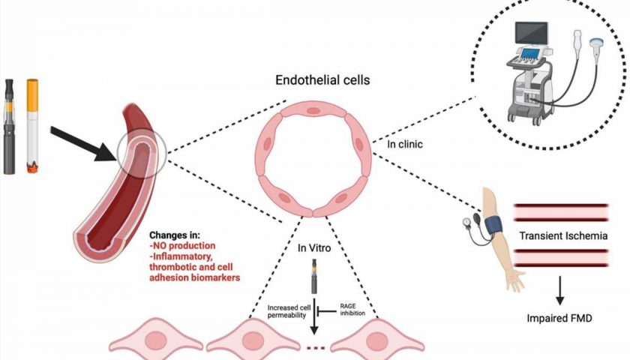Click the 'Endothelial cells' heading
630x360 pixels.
tap(322, 80)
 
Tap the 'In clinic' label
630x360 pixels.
tap(404, 144)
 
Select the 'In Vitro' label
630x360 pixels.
tap(314, 248)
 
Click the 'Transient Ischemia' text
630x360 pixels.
tap(563, 235)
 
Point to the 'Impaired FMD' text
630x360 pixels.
tap(559, 319)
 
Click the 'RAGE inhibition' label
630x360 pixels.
tap(352, 309)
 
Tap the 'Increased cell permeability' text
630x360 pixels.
tap(289, 311)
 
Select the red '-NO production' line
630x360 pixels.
tap(182, 245)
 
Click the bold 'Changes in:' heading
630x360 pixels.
tap(174, 235)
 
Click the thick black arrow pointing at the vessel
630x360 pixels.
tap(83, 143)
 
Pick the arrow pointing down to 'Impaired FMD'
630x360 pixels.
tap(559, 290)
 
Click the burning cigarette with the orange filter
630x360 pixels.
tap(32, 126)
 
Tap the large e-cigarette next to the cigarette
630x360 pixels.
tap(9, 127)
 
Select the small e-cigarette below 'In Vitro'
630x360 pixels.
tap(314, 277)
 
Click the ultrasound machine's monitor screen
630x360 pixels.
tap(531, 32)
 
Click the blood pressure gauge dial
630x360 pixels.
tap(467, 222)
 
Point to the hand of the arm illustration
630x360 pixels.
tap(516, 280)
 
